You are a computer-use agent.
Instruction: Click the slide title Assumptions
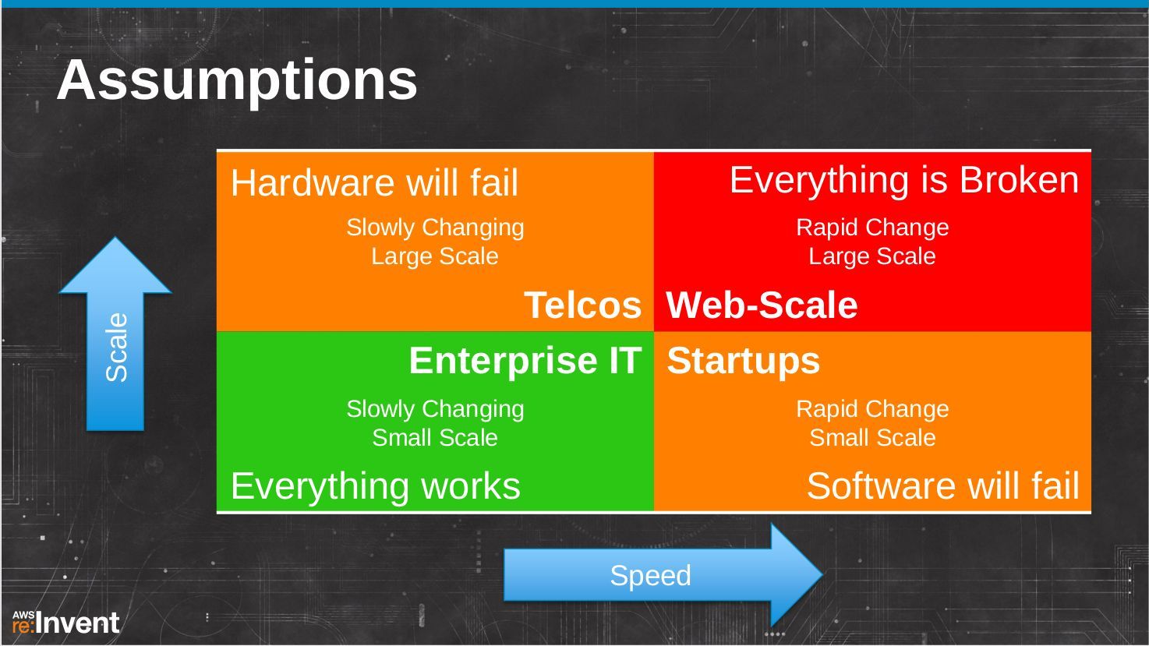[x=237, y=81]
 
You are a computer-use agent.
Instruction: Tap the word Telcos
[x=583, y=305]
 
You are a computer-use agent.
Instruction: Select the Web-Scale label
[x=762, y=305]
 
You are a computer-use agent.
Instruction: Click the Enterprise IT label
[x=525, y=361]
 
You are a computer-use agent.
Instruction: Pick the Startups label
[x=743, y=362]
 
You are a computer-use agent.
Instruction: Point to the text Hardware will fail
[x=374, y=182]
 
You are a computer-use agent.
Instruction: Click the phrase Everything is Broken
[x=904, y=181]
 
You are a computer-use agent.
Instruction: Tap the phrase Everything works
[x=376, y=486]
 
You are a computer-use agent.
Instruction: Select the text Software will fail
[x=942, y=486]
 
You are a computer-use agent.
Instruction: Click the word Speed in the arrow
[x=650, y=576]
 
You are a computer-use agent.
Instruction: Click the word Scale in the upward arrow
[x=116, y=347]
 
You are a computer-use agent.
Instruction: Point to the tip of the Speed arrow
[x=823, y=575]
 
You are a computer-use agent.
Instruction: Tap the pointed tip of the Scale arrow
[x=115, y=238]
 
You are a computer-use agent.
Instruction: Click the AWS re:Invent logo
[x=65, y=623]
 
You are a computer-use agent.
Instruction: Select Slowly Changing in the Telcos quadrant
[x=435, y=228]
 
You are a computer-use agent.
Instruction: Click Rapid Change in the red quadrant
[x=872, y=228]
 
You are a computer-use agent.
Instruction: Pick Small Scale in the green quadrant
[x=435, y=438]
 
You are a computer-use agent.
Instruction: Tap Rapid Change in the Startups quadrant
[x=872, y=410]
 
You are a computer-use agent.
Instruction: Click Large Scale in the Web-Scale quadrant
[x=872, y=256]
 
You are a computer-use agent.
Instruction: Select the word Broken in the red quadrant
[x=1020, y=180]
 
